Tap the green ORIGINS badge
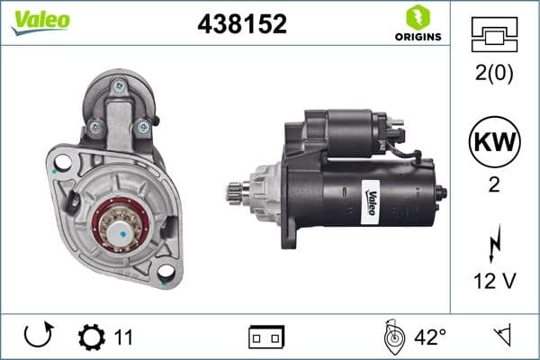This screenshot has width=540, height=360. coord(417,24)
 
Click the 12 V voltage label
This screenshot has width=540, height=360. coord(493,282)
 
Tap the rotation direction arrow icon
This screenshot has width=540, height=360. coord(38,337)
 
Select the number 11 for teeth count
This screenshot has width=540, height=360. coord(124,337)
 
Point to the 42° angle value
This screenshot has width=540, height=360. coord(429,337)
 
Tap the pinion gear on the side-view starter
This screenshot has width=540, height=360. coord(238,190)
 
